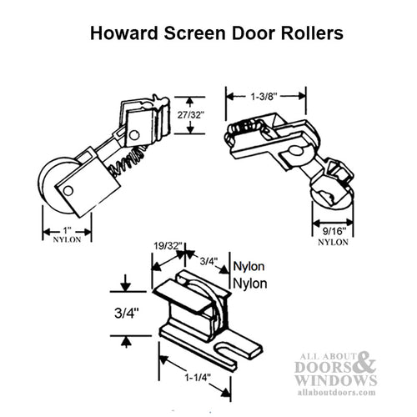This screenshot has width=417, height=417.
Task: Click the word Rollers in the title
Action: click(x=305, y=35)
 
